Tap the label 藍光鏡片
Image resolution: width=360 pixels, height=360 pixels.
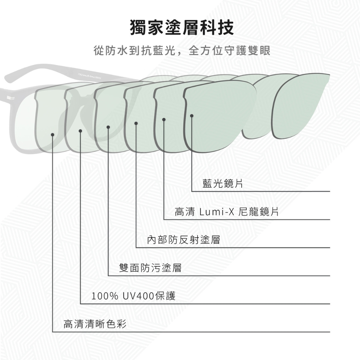coord(222,184)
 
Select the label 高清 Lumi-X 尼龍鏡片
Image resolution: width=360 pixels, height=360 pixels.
coord(227,212)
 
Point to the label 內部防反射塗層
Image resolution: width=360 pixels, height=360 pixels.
coord(184,240)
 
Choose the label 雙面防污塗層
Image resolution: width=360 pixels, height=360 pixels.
coord(150,268)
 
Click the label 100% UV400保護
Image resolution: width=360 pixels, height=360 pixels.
coord(134,296)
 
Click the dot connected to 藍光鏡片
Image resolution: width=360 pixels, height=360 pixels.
coord(192,116)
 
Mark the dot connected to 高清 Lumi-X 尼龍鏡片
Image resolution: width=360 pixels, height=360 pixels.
coord(164,119)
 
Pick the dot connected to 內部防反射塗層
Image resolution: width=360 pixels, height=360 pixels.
coord(136,123)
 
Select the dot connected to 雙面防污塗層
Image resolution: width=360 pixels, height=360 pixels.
coord(108,127)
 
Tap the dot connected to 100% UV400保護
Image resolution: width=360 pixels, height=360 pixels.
coord(80,131)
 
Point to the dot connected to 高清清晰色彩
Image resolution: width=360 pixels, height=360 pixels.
coord(53,134)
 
